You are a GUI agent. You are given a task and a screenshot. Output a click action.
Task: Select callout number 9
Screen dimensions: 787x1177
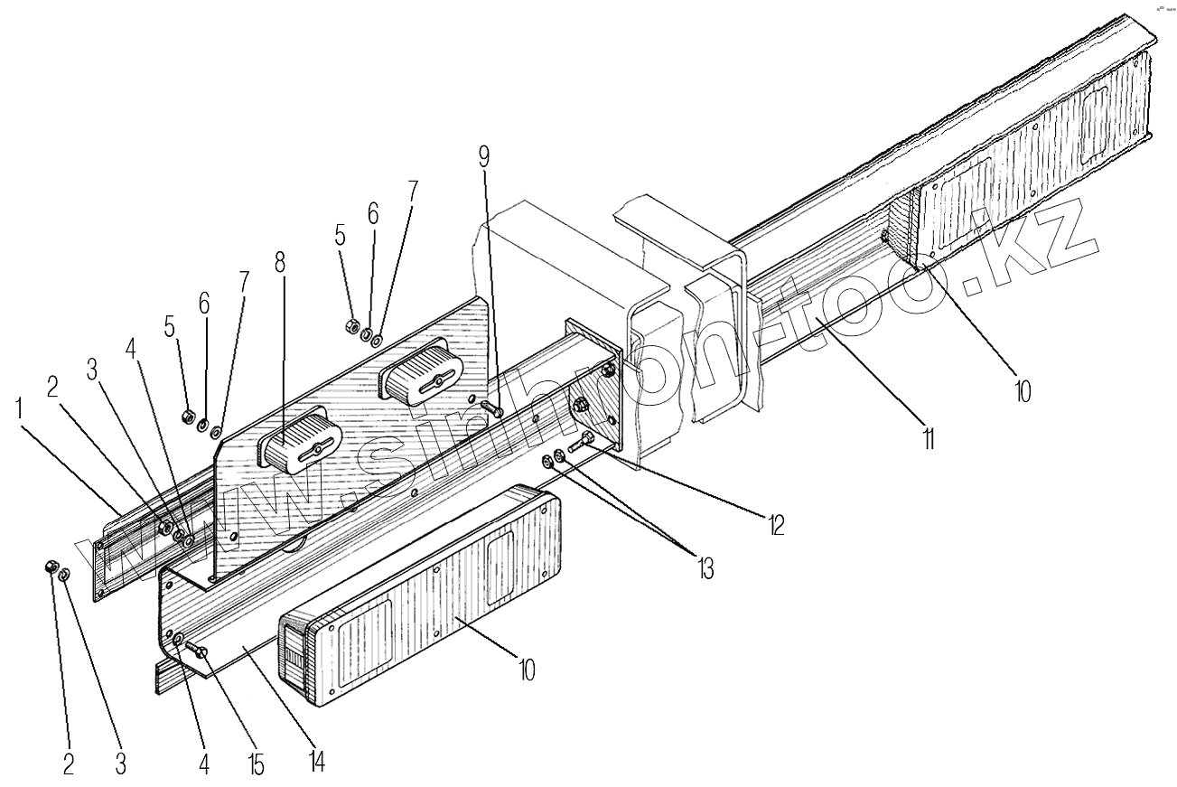484,156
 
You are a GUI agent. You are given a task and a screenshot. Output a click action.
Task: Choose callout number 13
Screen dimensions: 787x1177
704,568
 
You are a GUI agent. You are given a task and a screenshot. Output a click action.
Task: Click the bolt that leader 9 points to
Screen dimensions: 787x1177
491,409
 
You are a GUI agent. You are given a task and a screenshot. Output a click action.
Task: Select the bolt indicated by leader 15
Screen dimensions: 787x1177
200,651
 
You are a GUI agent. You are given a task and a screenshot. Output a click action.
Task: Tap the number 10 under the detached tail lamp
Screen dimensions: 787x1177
528,670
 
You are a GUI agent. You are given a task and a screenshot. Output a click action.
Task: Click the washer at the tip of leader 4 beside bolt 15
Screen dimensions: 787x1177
179,640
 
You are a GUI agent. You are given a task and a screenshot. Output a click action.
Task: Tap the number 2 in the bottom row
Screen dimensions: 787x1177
68,764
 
